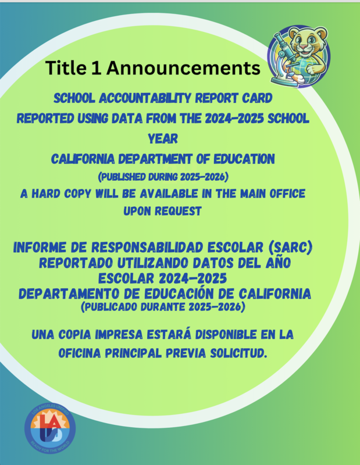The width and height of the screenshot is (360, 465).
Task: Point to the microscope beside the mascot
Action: click(x=281, y=58)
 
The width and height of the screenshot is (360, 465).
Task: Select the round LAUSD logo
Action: click(x=49, y=432)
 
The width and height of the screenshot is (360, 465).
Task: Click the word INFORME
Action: click(x=47, y=249)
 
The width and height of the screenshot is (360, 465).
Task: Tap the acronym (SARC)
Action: click(x=288, y=249)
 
